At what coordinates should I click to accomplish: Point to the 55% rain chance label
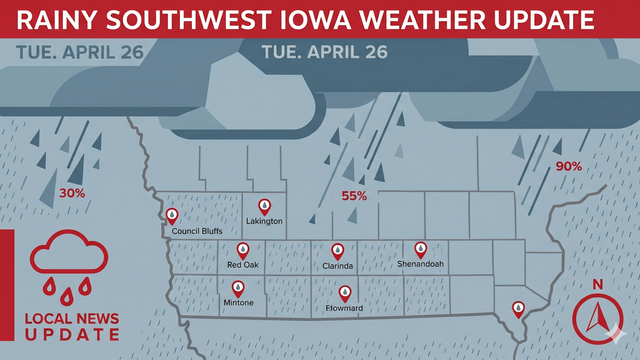coord(354,196)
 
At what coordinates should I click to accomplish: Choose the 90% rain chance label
coord(569,166)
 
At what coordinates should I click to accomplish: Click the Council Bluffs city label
coord(197,231)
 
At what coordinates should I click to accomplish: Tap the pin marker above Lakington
coord(264,206)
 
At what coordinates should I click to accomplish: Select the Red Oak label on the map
coord(243,265)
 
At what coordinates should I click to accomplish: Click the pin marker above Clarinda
coord(338,251)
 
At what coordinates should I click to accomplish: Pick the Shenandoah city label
coord(420,264)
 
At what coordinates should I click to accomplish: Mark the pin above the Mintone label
coord(238,289)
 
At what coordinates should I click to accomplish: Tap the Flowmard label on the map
coord(345,308)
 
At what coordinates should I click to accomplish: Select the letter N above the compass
coord(598,285)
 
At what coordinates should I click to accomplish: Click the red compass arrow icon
coord(597,317)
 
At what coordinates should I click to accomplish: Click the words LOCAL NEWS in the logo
coord(72,319)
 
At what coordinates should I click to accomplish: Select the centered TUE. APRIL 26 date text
coord(324,53)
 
